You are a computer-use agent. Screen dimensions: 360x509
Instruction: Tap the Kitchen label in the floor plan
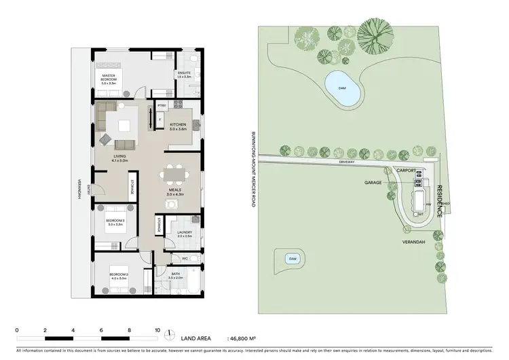[178, 126]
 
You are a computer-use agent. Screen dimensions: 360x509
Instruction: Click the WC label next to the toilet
[185, 258]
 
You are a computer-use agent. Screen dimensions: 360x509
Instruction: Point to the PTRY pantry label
[162, 106]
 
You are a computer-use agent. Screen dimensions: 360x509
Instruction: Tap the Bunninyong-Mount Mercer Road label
[252, 169]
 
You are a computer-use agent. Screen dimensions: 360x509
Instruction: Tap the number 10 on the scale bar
[157, 329]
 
